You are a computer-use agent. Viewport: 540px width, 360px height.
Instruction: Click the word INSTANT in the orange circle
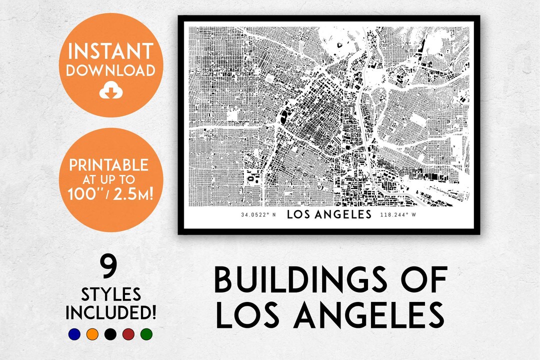111,51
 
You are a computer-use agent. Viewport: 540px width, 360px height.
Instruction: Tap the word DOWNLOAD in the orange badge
111,70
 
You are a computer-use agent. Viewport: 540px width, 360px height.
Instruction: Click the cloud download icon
110,90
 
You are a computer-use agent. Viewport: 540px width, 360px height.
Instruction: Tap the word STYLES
110,293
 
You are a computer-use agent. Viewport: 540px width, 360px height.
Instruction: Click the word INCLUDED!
110,313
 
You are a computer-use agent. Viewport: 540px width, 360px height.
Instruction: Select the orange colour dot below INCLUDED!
92,334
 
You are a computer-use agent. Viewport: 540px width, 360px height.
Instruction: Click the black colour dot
110,334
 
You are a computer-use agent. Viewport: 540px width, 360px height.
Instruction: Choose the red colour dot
128,334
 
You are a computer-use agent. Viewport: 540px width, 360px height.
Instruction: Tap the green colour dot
146,334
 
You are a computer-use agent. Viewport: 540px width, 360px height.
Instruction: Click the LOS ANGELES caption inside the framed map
328,215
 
